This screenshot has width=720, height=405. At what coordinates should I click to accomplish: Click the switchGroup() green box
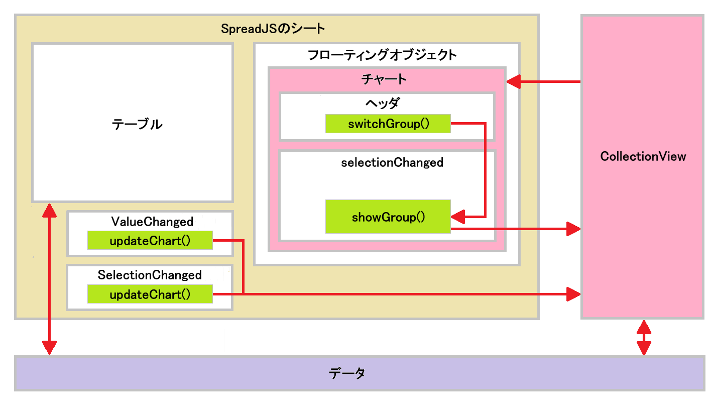pos(388,124)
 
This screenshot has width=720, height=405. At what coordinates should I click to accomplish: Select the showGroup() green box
pos(388,217)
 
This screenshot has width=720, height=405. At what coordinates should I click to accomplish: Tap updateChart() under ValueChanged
pos(150,241)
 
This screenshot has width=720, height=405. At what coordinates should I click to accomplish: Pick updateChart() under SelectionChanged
pos(150,294)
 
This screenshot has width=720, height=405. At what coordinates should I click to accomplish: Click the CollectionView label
pos(643,156)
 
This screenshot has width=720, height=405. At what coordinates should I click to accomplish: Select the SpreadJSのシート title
pos(273,29)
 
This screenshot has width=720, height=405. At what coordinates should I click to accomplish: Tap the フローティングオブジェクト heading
pos(383,55)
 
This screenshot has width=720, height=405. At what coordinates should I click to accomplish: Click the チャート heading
pos(384,79)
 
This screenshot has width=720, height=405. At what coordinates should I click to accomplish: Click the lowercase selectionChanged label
pos(392,162)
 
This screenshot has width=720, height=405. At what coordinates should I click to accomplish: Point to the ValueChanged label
pos(152,221)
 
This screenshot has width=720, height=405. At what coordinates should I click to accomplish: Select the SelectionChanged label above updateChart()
pos(150,275)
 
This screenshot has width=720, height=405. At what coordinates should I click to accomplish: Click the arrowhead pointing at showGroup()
pos(457,217)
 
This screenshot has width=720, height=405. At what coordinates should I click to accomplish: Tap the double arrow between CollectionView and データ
pos(644,338)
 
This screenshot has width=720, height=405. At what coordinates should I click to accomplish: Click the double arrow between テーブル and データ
pos(49,279)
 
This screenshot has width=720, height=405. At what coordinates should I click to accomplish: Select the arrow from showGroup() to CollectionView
pos(517,229)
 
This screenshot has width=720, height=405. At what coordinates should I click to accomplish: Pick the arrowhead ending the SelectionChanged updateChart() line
pos(573,293)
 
